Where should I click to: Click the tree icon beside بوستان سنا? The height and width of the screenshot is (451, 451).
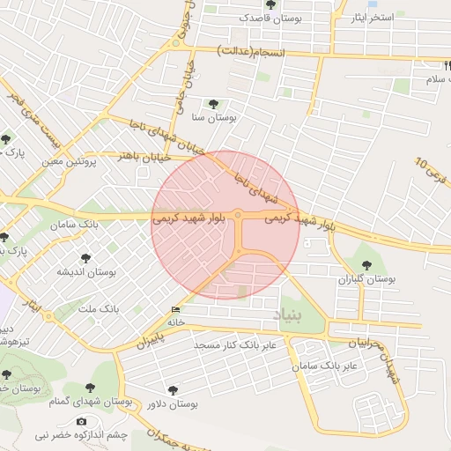coord(213,104)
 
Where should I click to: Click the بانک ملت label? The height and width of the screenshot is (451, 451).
coord(99,310)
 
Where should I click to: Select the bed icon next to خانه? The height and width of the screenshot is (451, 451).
coord(176,310)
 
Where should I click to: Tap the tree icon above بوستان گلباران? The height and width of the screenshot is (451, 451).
coord(367,264)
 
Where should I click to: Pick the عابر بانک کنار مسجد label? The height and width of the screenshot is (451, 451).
coord(235,344)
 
